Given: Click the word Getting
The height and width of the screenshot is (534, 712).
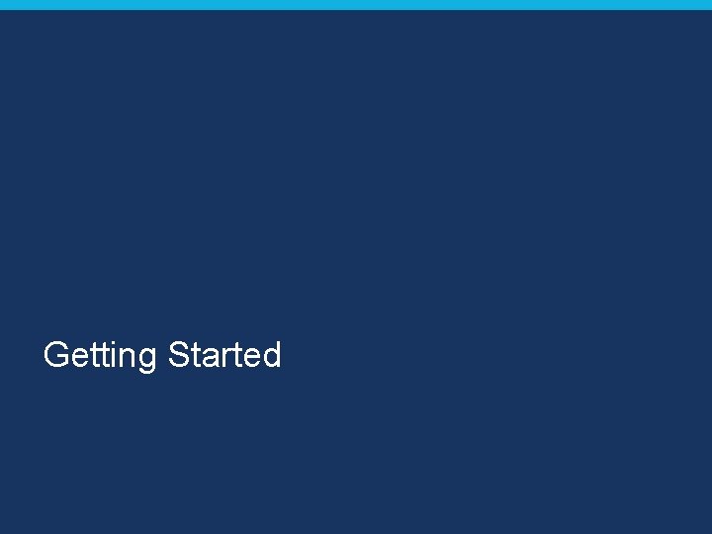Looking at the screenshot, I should (x=101, y=355).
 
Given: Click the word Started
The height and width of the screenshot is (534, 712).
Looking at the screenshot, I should (x=225, y=354).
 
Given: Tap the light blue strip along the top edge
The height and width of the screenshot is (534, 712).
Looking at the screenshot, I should (x=356, y=4).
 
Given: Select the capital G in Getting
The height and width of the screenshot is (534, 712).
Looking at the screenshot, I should (x=56, y=354).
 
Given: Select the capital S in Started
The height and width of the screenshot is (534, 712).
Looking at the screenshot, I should (x=179, y=354).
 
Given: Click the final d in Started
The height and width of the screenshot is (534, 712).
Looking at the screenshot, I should (x=271, y=354).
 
